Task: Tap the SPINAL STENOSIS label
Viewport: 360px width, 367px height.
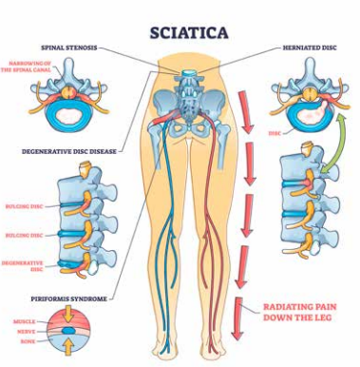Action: pyautogui.click(x=71, y=46)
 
